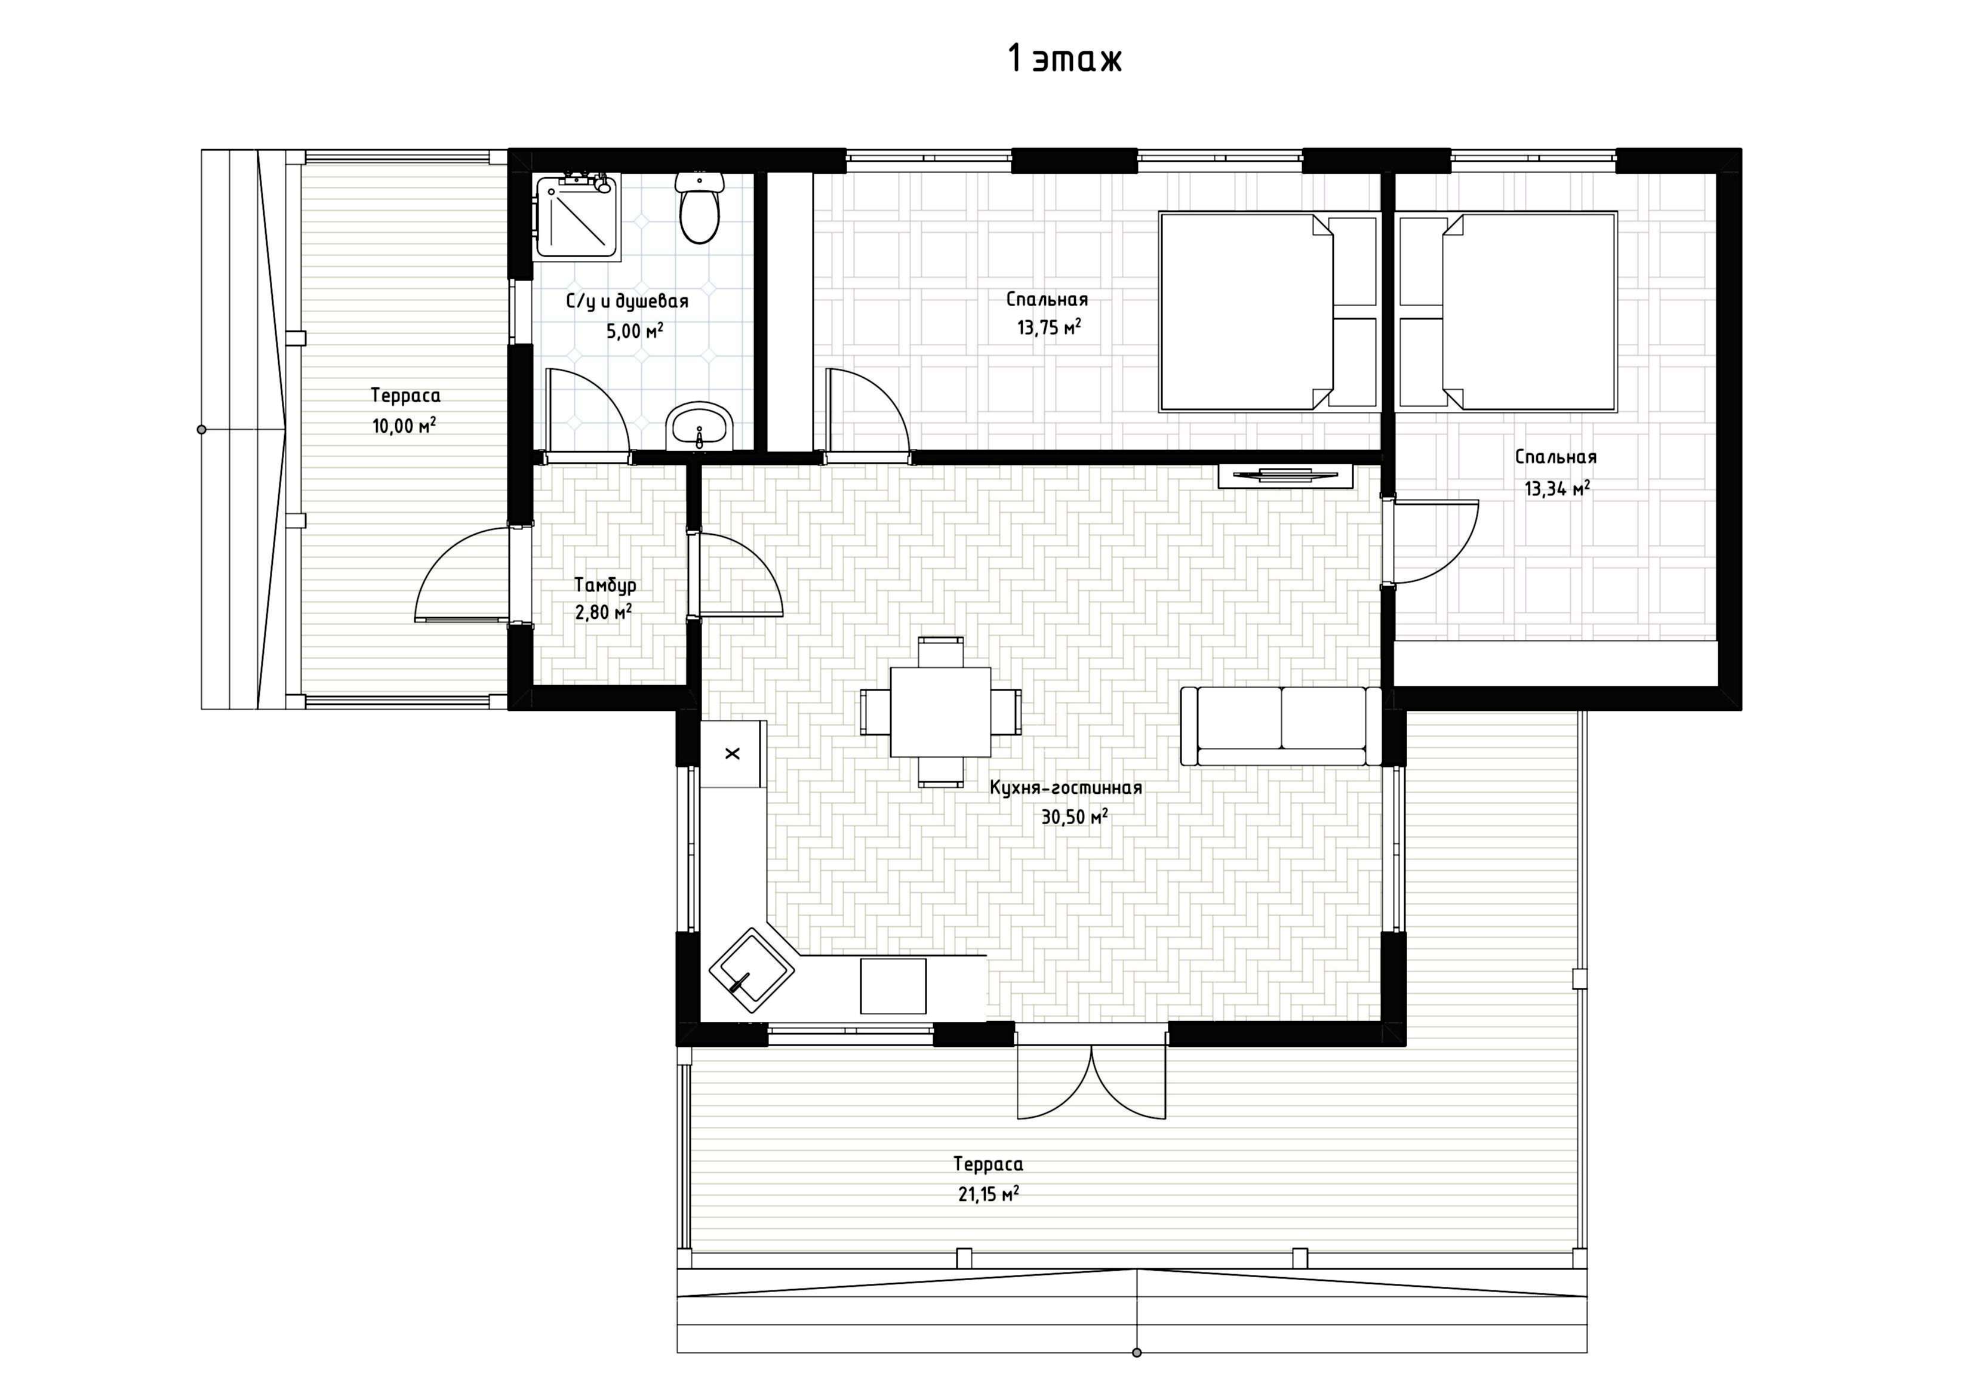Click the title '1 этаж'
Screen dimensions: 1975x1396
(x=1065, y=58)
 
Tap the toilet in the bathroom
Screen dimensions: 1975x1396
(x=699, y=207)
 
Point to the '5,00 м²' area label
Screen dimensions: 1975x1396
(x=635, y=330)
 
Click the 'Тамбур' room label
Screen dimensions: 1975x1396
(x=605, y=585)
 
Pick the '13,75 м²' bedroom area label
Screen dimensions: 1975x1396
(x=1048, y=327)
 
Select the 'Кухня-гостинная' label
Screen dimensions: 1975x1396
(x=1066, y=788)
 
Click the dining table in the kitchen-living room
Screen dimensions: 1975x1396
(x=940, y=712)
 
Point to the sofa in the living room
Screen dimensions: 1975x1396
(x=1281, y=726)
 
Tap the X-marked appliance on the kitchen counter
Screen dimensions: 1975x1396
(x=732, y=753)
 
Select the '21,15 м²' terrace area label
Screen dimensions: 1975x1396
(x=988, y=1194)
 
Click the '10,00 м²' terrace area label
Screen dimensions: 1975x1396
(x=404, y=425)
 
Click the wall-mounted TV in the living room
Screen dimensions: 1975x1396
(x=1285, y=476)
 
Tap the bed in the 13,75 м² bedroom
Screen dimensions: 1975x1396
(x=1269, y=312)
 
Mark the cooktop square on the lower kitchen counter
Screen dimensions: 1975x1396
(x=893, y=986)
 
